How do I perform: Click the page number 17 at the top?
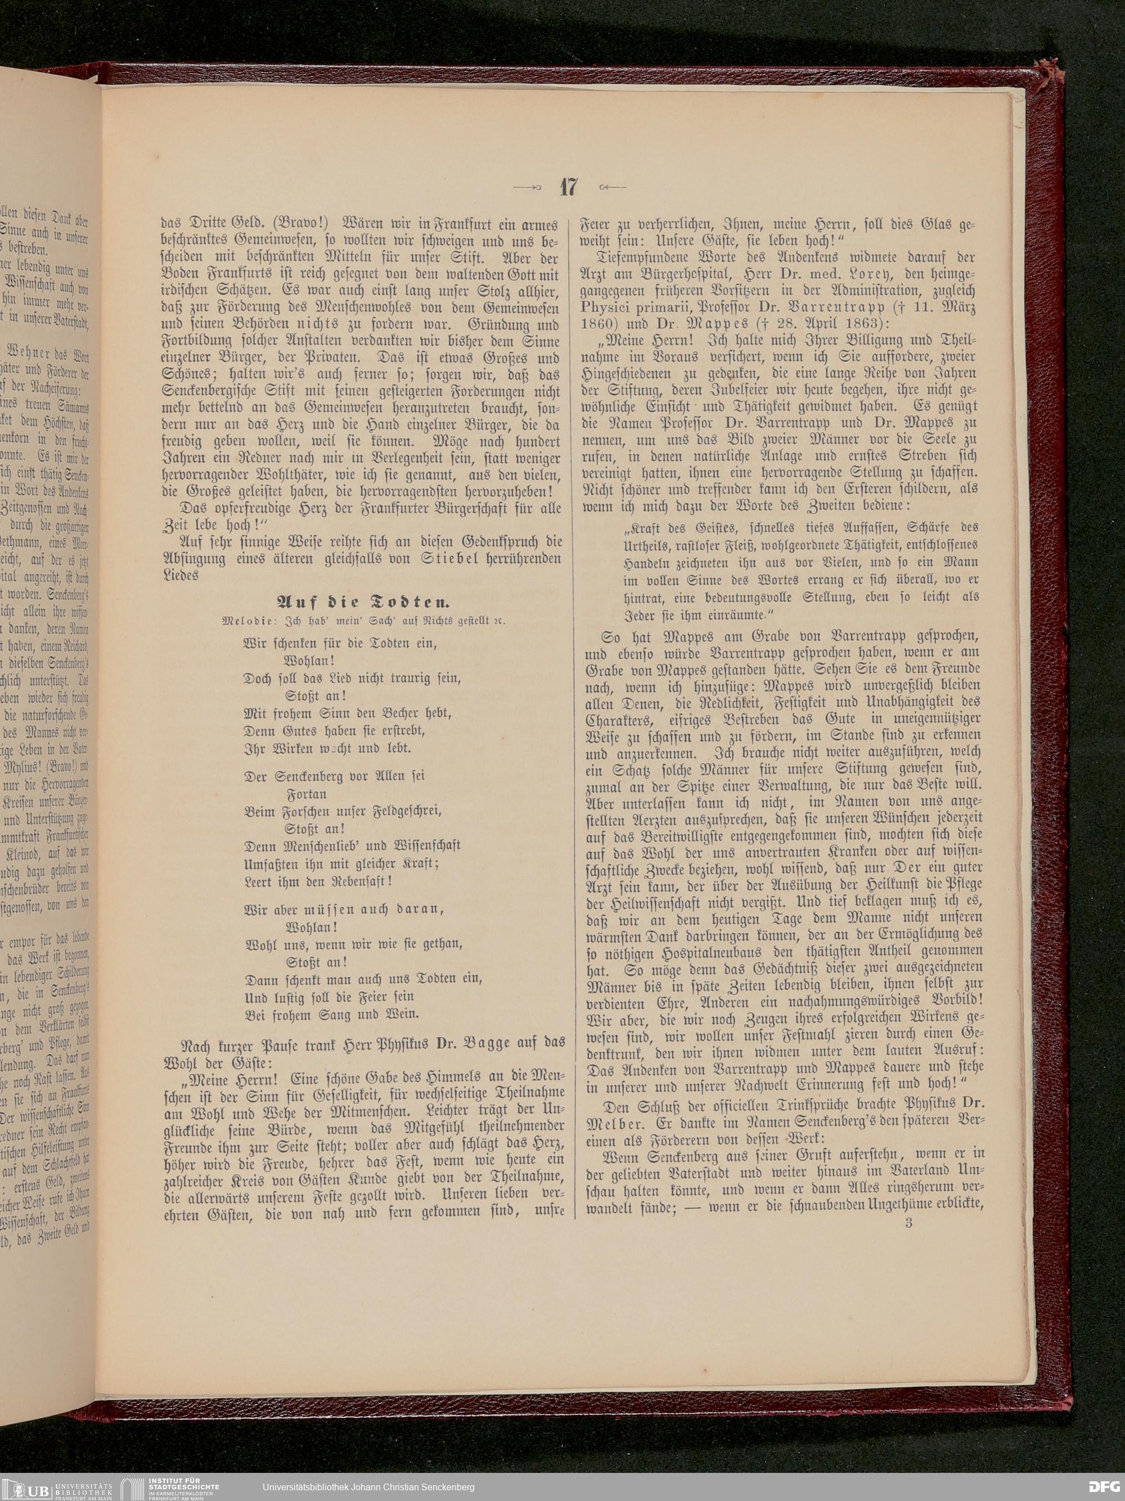coord(568,187)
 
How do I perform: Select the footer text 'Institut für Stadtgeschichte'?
coord(173,1482)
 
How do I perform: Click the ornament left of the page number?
coord(528,187)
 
